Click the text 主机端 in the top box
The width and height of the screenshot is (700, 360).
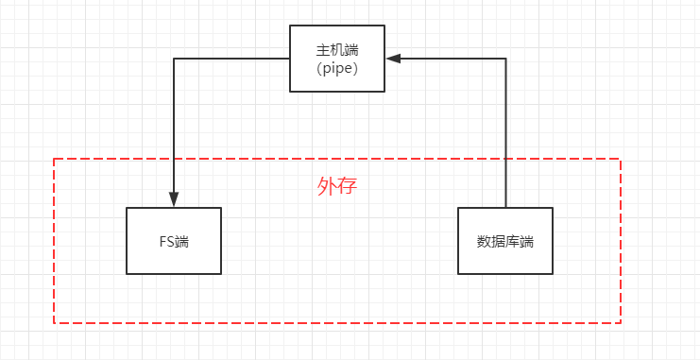(337, 49)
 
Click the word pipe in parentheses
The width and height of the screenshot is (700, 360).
(338, 68)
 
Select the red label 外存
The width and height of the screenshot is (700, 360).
(337, 186)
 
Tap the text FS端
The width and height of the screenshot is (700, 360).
(174, 241)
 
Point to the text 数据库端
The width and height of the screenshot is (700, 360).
(505, 241)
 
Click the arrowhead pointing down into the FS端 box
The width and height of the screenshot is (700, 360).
(174, 199)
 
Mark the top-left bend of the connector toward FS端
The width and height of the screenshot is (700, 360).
(174, 59)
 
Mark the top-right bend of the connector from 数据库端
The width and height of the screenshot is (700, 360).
(506, 59)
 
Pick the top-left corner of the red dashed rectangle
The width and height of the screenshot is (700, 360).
(54, 159)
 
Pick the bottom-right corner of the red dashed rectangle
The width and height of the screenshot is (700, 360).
(621, 323)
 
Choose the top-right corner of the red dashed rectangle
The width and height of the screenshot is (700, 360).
(621, 159)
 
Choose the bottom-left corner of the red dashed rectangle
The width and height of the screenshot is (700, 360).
(54, 323)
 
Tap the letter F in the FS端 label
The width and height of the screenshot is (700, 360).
(162, 241)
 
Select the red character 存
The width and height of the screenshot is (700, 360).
(348, 186)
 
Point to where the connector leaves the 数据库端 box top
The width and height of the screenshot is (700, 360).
(506, 208)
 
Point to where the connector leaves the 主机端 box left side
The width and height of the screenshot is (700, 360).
(290, 59)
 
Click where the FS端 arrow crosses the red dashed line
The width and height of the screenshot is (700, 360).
(174, 159)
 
